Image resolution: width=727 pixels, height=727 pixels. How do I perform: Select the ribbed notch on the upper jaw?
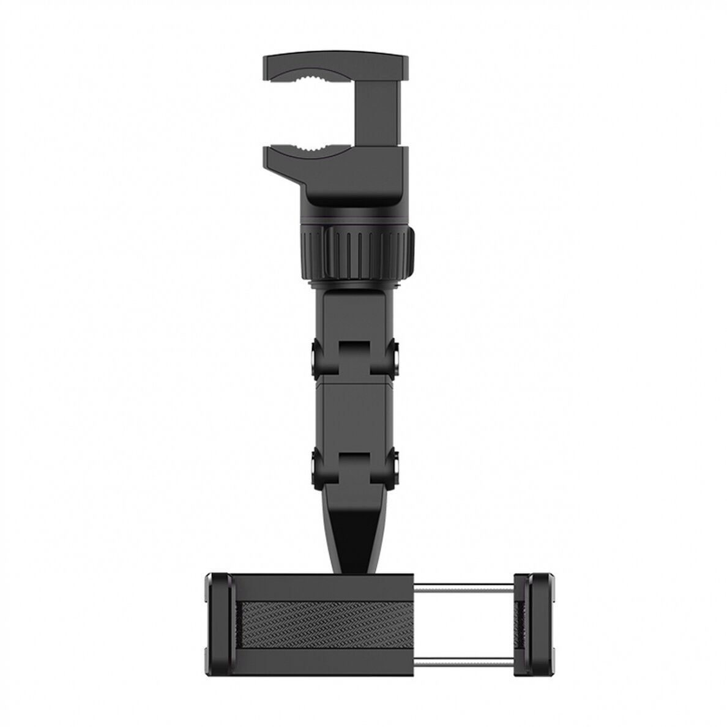pos(316,77)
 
